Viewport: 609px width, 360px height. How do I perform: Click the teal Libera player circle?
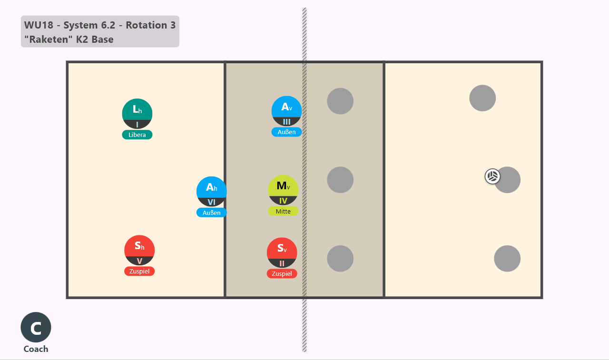point(137,114)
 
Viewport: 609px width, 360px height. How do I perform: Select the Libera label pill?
point(137,135)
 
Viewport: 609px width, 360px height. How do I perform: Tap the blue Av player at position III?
point(286,111)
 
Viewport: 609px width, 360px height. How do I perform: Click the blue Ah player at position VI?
point(212,191)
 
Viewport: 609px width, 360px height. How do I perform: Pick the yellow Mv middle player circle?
point(283,190)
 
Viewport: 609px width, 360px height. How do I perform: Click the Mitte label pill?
point(283,211)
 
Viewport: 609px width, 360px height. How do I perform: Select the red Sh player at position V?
point(139,250)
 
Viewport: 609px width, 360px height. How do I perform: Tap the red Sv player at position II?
point(282,253)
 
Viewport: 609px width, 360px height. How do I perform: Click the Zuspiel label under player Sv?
point(282,273)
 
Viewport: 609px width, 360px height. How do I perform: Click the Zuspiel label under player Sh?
point(139,271)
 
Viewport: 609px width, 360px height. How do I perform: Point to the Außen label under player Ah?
point(212,213)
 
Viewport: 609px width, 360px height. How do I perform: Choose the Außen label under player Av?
point(286,132)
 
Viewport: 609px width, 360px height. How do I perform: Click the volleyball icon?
point(492,176)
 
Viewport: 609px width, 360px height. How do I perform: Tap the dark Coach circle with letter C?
point(36,327)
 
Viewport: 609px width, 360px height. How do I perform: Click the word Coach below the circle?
point(36,349)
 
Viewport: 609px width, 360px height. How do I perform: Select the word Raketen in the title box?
point(49,39)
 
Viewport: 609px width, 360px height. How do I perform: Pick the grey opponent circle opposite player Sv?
point(340,258)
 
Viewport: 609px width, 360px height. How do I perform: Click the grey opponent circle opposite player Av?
point(340,101)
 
